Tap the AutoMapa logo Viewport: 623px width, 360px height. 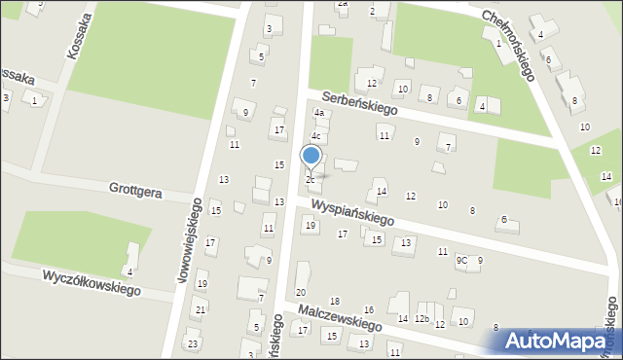pyautogui.click(x=560, y=342)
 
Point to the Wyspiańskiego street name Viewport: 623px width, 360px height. pyautogui.click(x=352, y=213)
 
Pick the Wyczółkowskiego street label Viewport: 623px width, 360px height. pyautogui.click(x=91, y=283)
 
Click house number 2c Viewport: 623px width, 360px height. pyautogui.click(x=311, y=180)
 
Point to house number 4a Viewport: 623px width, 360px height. pyautogui.click(x=318, y=113)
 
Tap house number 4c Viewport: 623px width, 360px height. pyautogui.click(x=315, y=136)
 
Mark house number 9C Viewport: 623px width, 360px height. pyautogui.click(x=461, y=261)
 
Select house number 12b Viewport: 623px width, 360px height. pyautogui.click(x=421, y=319)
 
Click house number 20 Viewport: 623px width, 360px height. pyautogui.click(x=301, y=292)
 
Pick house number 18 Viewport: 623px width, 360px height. pyautogui.click(x=334, y=302)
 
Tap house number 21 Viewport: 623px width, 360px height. pyautogui.click(x=200, y=310)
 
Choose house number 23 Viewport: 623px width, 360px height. pyautogui.click(x=193, y=343)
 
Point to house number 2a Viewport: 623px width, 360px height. pyautogui.click(x=342, y=4)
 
